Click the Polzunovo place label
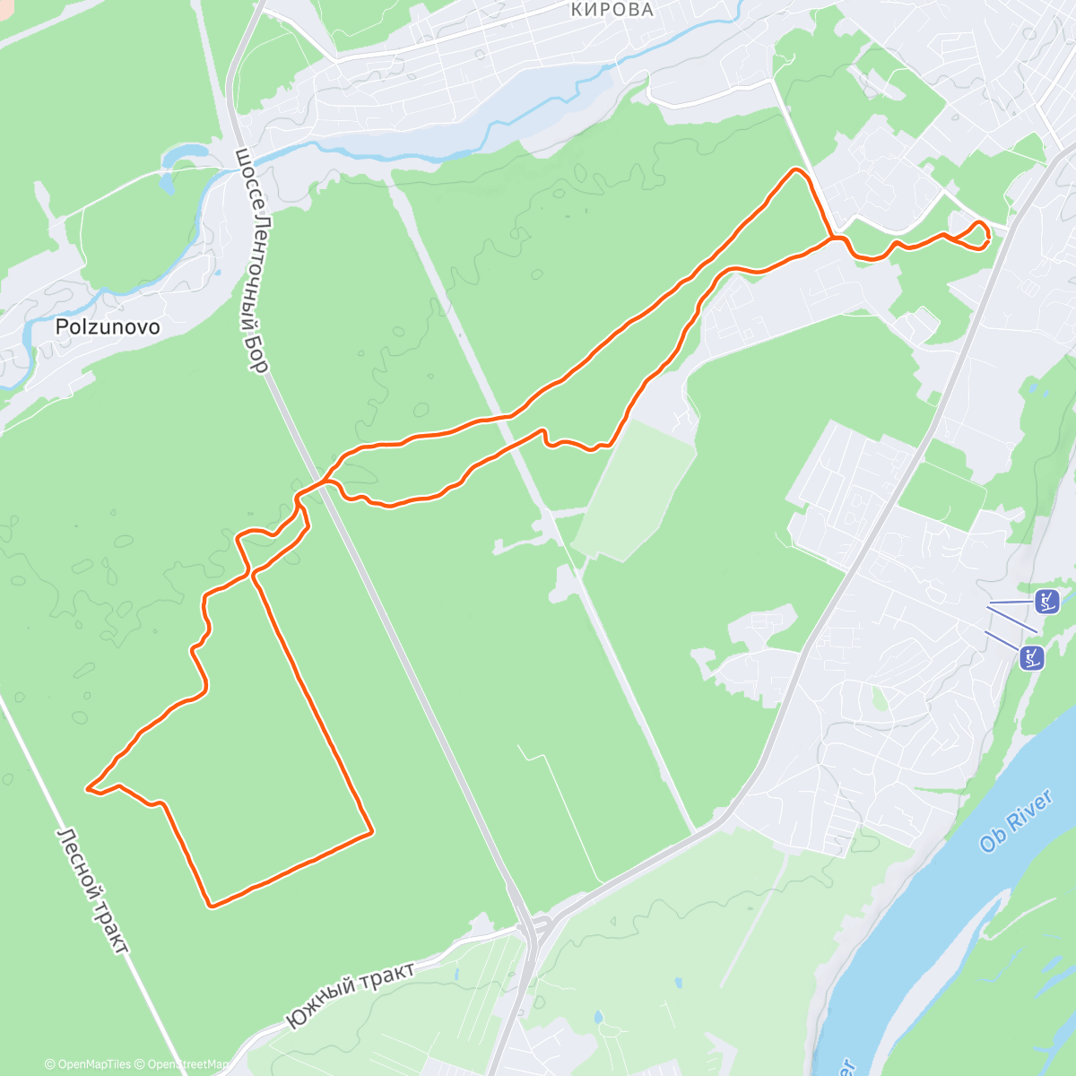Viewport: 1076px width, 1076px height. (108, 326)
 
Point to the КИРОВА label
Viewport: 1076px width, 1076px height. (612, 10)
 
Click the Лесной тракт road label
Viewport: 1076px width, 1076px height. (93, 889)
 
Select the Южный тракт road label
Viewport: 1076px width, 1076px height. (350, 994)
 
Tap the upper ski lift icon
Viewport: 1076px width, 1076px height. (1046, 601)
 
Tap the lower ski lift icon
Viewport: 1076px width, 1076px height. (1032, 657)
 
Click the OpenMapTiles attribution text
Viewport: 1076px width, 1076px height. (88, 1064)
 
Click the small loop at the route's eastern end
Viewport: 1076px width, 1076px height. (977, 233)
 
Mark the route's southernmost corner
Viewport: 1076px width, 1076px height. (212, 905)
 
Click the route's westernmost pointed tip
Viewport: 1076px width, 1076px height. (88, 788)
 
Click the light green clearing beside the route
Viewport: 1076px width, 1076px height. (632, 489)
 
